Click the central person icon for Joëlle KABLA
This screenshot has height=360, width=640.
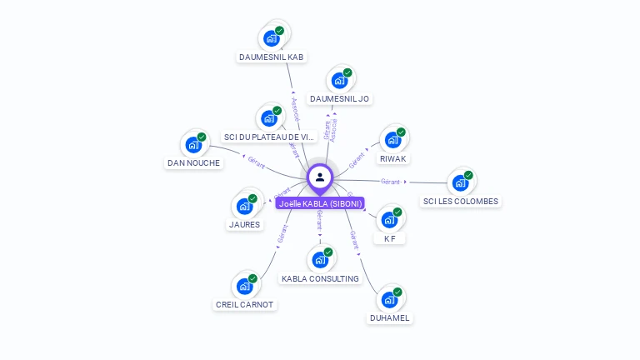320,177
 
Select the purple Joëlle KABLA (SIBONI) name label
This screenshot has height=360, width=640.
320,203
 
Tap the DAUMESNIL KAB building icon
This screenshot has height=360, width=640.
271,37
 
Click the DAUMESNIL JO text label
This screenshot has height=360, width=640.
339,98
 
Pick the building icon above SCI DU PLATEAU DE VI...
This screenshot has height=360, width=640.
269,117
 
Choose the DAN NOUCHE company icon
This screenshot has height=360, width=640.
194,144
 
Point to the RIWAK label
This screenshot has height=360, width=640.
393,158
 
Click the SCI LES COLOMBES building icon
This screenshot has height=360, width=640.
461,182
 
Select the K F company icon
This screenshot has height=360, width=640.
389,219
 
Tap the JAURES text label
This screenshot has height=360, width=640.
244,224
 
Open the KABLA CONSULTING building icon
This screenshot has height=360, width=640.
320,259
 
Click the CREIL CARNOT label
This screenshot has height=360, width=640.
245,304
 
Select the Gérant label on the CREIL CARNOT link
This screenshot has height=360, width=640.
282,233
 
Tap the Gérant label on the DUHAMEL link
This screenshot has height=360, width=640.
354,240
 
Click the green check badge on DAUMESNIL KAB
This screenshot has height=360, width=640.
280,30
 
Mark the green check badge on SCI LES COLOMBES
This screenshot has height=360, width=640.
469,175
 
